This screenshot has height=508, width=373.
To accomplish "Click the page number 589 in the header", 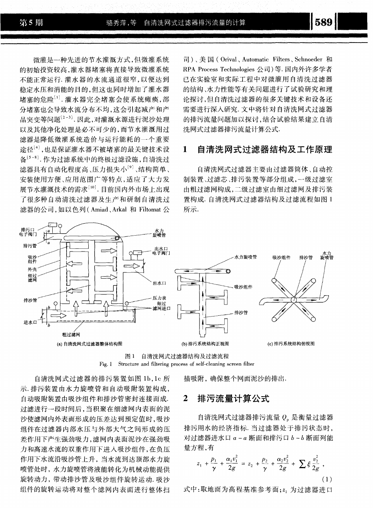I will [324, 22].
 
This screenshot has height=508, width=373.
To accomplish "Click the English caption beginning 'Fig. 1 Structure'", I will [177, 364].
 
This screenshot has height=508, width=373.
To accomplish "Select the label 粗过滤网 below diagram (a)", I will [69, 334].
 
